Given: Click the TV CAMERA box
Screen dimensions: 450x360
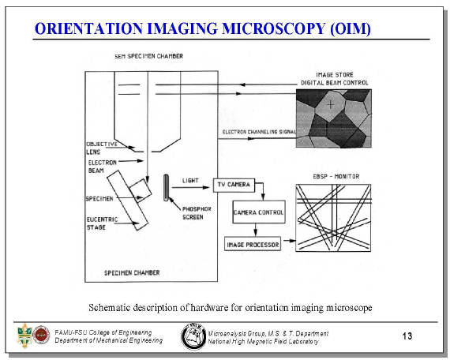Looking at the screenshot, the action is tap(234, 186).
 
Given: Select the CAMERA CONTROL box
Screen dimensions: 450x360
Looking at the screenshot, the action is tap(259, 212).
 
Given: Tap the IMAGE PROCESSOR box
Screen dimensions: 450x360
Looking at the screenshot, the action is tap(253, 244).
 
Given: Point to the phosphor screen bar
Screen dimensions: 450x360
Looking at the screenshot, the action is tap(166, 187).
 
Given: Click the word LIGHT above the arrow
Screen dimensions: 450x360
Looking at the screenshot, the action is tap(190, 181).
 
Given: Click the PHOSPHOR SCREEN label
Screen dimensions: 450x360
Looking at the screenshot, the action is tap(197, 213).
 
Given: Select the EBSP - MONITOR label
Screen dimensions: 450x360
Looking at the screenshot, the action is tap(336, 177).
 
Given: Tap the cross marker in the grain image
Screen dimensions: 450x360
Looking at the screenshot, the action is tap(331, 104).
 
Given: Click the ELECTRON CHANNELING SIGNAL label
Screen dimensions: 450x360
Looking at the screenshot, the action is tap(259, 132).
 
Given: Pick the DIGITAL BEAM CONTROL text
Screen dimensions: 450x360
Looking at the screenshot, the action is tap(335, 83).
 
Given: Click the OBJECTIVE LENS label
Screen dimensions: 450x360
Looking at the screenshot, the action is tap(102, 148).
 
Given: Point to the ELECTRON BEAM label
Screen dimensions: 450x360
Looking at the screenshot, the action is tap(102, 167).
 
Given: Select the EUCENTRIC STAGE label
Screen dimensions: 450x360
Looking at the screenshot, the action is tap(102, 223).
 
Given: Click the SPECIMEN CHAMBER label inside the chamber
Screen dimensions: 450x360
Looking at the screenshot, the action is tap(132, 272).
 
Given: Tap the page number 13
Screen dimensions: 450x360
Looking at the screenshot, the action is tap(407, 336).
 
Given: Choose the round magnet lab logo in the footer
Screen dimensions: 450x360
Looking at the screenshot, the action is tap(193, 336).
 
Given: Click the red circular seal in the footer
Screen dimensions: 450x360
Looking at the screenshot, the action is tap(41, 335).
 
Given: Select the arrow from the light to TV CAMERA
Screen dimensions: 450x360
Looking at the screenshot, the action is tap(191, 187).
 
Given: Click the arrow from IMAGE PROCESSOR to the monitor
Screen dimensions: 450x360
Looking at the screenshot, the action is tap(289, 241).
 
